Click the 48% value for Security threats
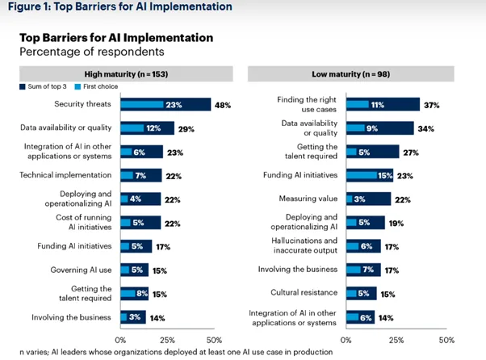tap(223, 104)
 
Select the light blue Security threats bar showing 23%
tap(150, 104)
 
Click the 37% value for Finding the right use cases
tap(432, 104)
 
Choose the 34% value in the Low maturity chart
tap(426, 128)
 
